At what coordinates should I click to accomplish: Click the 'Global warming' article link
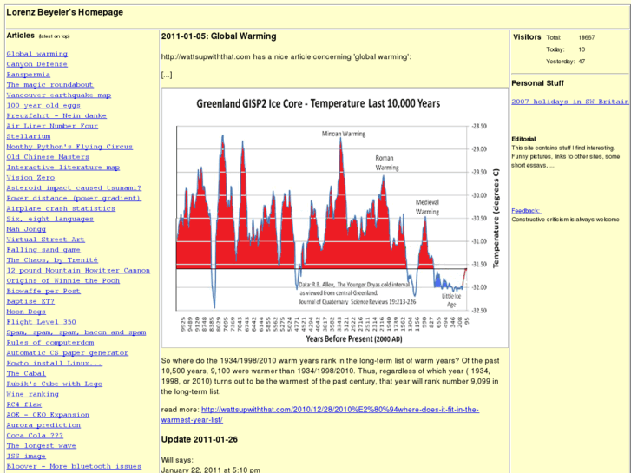37,54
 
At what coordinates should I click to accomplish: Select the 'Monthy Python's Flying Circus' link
69,147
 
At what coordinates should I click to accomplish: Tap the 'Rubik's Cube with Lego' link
54,384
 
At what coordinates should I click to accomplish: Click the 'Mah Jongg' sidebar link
25,229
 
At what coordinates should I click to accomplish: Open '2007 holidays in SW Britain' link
569,102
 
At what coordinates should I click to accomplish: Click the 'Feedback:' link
526,211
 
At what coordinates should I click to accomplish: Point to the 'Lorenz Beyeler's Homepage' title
64,13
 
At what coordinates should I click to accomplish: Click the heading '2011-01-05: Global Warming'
219,36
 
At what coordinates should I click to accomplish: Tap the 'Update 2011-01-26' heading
200,438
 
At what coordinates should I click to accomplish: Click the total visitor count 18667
586,37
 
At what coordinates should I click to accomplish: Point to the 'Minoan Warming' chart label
344,135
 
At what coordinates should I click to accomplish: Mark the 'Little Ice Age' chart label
450,300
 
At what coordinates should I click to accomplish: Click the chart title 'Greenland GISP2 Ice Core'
318,103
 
